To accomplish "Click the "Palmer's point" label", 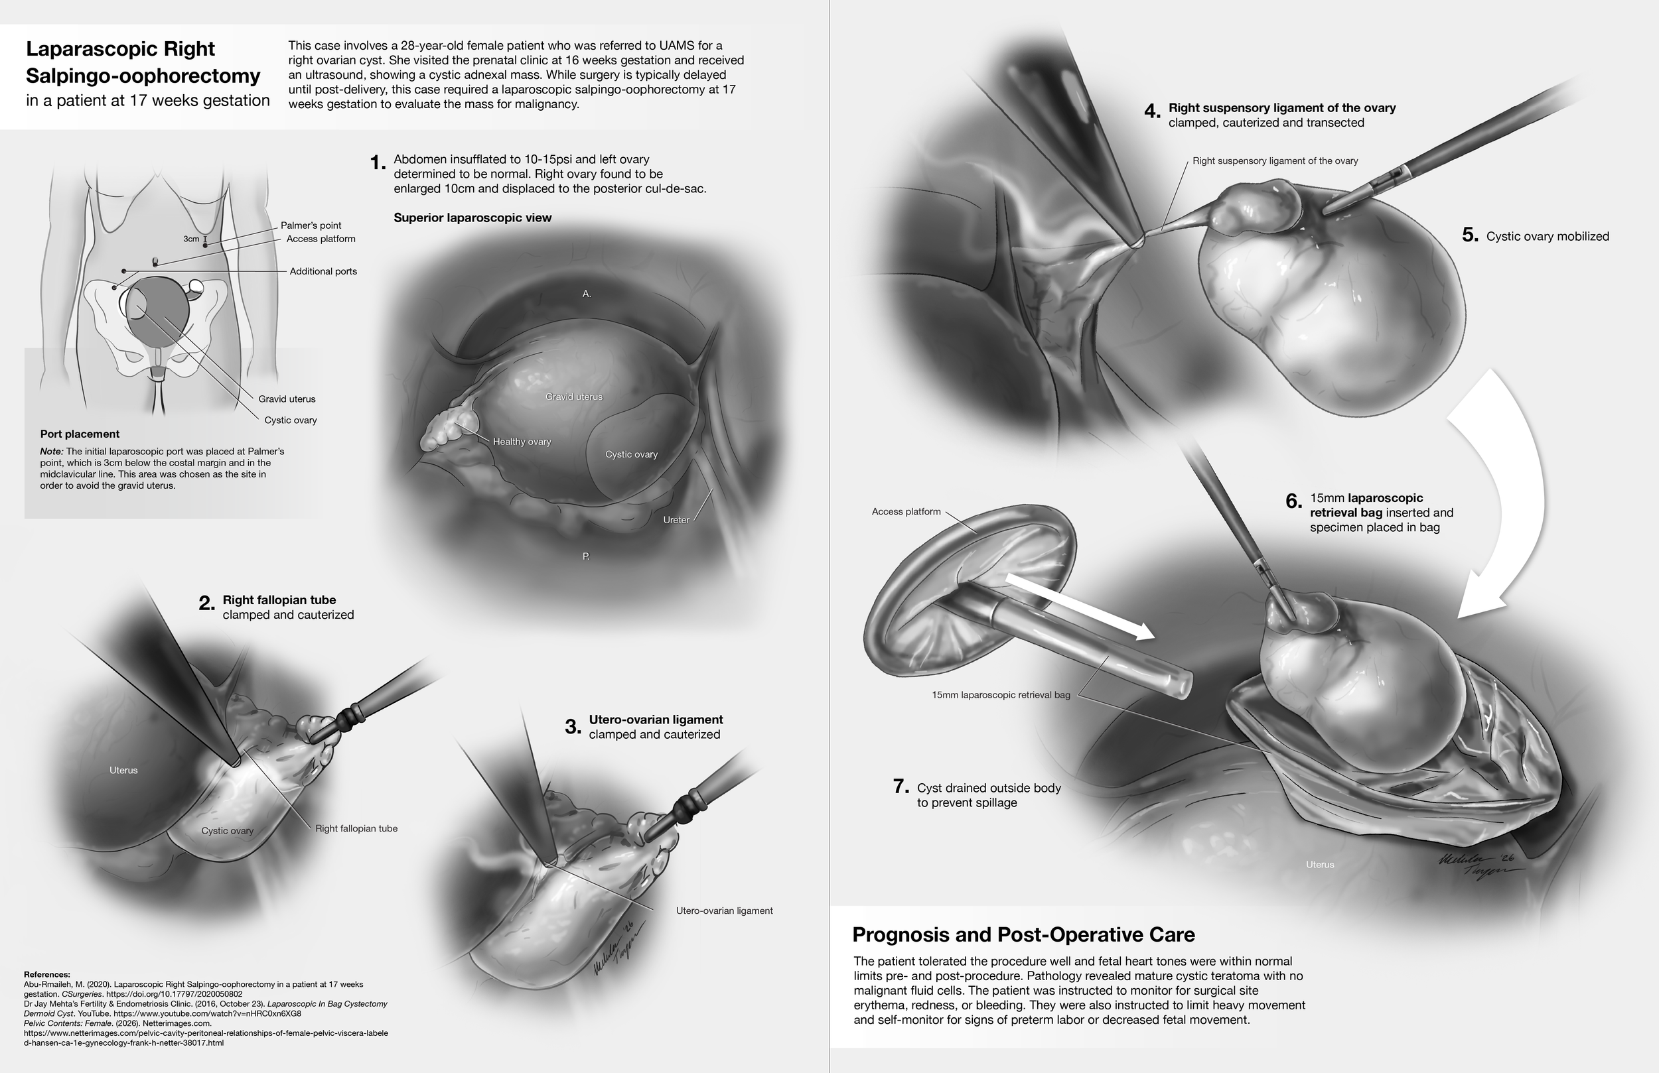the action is tap(310, 225).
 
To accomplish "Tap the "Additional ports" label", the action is tap(323, 271).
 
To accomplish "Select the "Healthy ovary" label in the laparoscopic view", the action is tap(522, 442).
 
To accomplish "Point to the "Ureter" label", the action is tap(676, 520).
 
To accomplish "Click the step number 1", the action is tap(377, 163).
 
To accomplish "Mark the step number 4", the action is tap(1152, 111).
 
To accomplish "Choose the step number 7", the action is tap(901, 787).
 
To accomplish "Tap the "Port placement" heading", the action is tap(80, 434).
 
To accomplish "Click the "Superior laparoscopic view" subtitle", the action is tap(472, 218).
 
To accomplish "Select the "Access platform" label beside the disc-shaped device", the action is tap(905, 511).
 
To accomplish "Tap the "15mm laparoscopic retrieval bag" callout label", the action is tap(1000, 694).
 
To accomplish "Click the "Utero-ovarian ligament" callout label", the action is tap(724, 911).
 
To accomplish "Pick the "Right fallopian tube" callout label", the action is tap(356, 828).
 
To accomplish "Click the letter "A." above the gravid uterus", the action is tap(587, 294).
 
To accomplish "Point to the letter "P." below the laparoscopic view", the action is tap(586, 556).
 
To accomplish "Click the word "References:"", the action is tap(46, 974).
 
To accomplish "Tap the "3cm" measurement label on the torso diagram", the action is tap(191, 239).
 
